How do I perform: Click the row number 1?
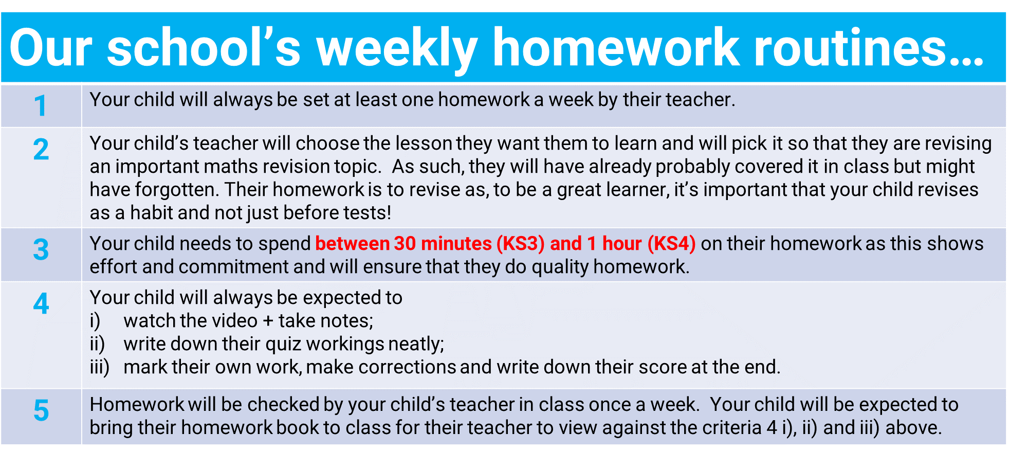point(41,106)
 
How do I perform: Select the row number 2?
point(41,149)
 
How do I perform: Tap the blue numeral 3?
point(41,250)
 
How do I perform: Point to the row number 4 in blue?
point(41,303)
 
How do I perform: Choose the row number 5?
point(41,410)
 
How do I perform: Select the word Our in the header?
point(50,47)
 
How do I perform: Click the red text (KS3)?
point(520,244)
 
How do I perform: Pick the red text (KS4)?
point(671,244)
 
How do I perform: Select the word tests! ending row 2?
point(367,213)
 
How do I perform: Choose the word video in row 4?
point(234,321)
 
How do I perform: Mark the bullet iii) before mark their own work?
point(100,368)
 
